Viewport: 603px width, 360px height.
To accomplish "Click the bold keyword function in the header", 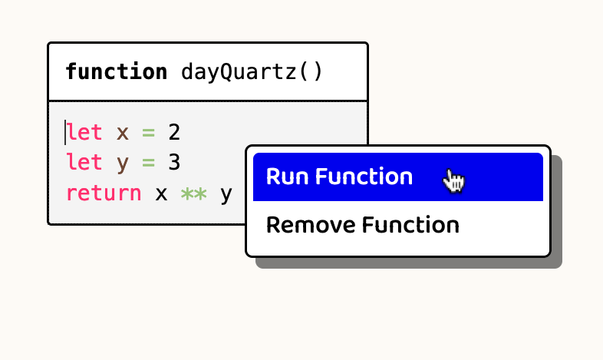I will [x=116, y=72].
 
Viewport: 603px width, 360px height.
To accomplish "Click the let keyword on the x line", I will [x=84, y=133].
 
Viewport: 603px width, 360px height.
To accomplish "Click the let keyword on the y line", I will [x=84, y=163].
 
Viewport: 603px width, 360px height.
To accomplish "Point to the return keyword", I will [x=104, y=193].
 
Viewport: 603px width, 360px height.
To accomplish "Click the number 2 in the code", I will [x=174, y=133].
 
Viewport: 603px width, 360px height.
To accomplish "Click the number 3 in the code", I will [x=174, y=163].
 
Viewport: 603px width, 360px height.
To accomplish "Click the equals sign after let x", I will [x=148, y=133].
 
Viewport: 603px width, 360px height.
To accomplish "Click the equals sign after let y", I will [x=148, y=163].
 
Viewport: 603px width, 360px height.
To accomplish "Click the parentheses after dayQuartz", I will [x=310, y=72].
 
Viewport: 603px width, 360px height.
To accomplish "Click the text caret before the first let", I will [x=66, y=133].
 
